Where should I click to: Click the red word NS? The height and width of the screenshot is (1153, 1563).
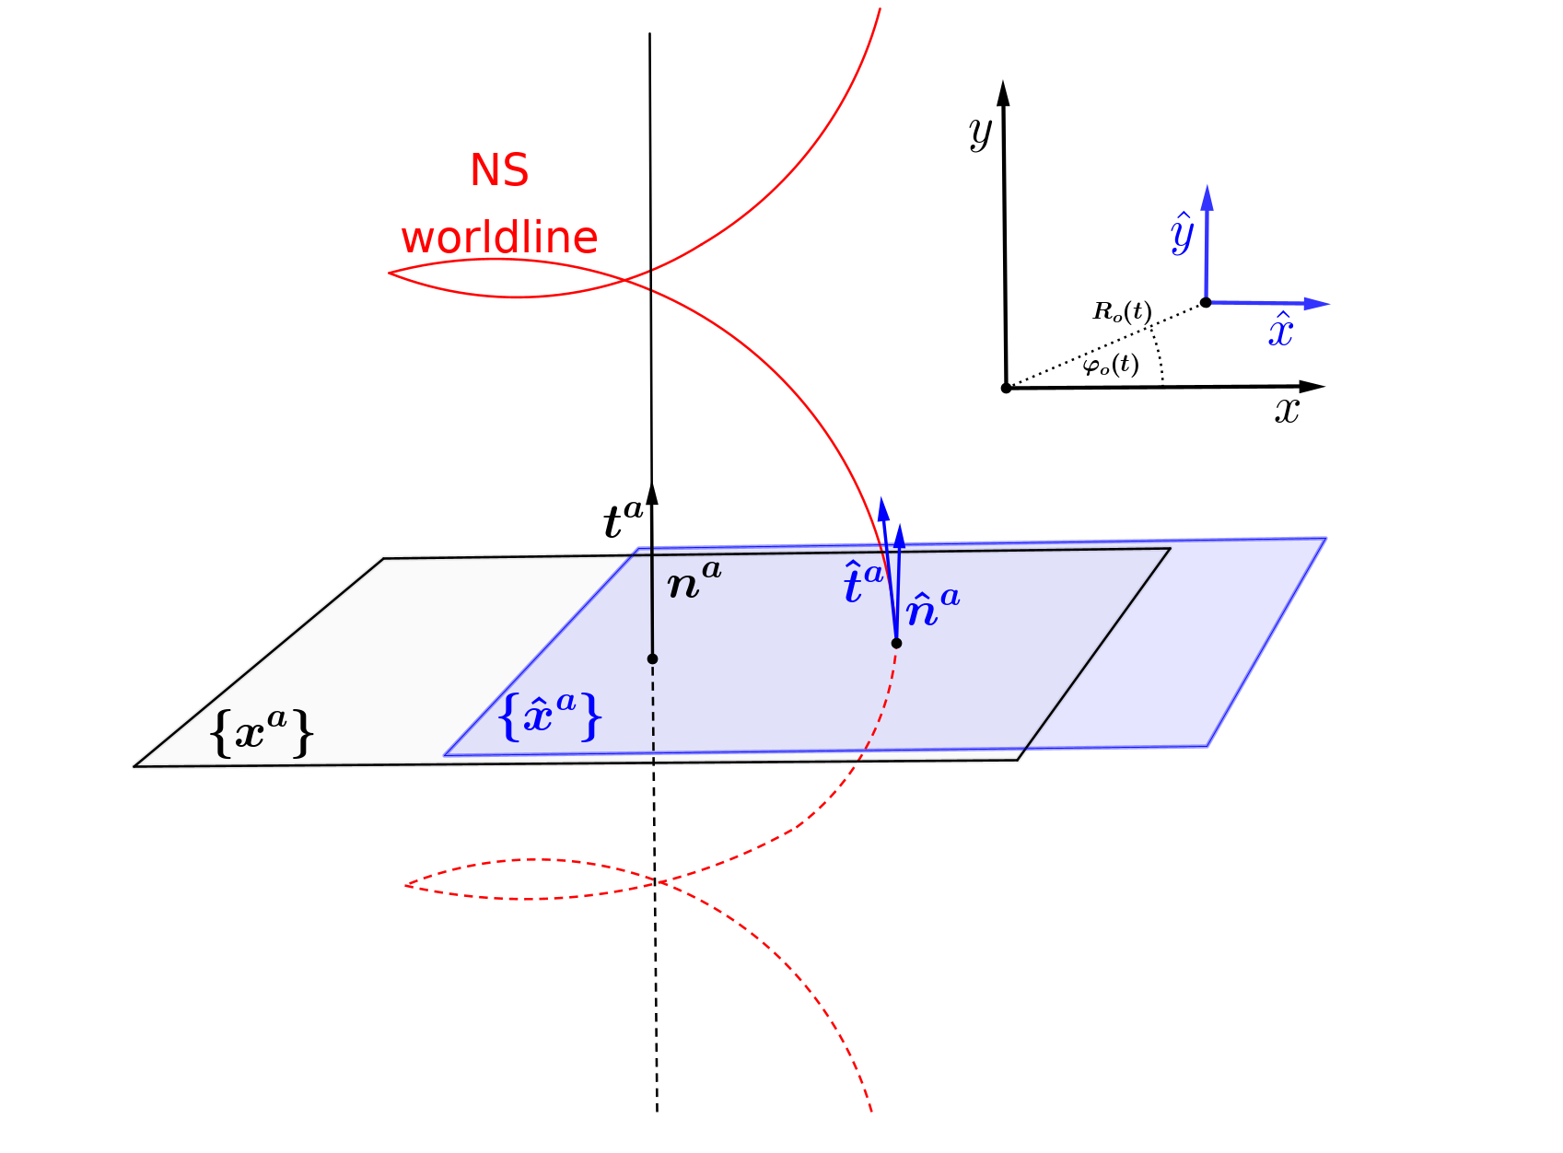499,170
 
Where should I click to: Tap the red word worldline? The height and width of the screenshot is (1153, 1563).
499,238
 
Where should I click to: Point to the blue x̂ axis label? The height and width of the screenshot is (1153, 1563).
1281,330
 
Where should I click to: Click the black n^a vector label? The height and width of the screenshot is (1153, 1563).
694,581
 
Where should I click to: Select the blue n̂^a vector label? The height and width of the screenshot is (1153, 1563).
932,608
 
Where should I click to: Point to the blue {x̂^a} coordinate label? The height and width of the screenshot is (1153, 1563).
550,716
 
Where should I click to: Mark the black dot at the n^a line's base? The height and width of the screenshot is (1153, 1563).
652,658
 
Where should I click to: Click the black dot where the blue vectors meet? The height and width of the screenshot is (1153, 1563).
896,643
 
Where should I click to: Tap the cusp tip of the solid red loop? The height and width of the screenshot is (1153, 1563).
390,273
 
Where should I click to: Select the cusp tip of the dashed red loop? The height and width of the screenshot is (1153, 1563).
406,885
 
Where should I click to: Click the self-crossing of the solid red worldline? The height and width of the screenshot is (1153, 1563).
626,278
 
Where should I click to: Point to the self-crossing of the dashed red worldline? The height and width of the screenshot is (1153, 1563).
658,882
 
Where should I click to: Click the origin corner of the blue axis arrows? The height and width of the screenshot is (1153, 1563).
1207,300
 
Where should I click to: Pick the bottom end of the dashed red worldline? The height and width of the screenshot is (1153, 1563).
870,1110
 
